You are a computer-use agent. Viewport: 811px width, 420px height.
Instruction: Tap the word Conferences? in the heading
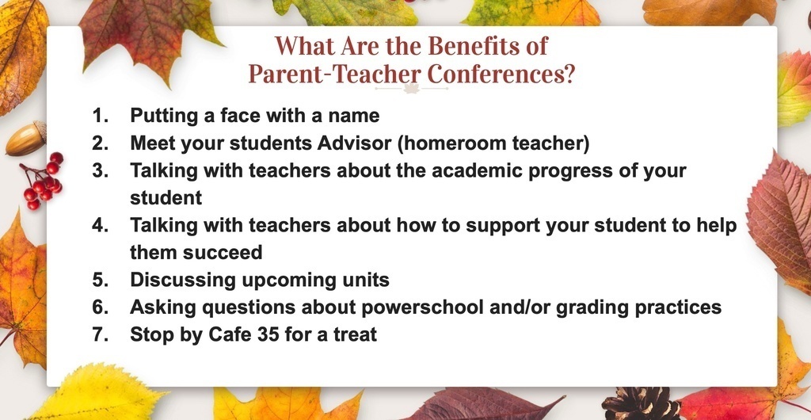pos(501,74)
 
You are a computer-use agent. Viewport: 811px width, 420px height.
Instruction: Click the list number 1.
pos(101,116)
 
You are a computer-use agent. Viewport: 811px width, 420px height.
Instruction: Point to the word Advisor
pos(354,143)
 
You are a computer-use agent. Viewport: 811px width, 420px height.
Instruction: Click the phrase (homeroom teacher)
pos(493,143)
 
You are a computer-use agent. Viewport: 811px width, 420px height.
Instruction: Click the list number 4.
pos(101,226)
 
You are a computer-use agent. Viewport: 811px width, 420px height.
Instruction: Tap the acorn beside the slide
pos(26,138)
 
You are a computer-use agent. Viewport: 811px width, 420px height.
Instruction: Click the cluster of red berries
pos(43,181)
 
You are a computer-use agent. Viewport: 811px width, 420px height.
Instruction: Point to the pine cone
pos(640,404)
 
